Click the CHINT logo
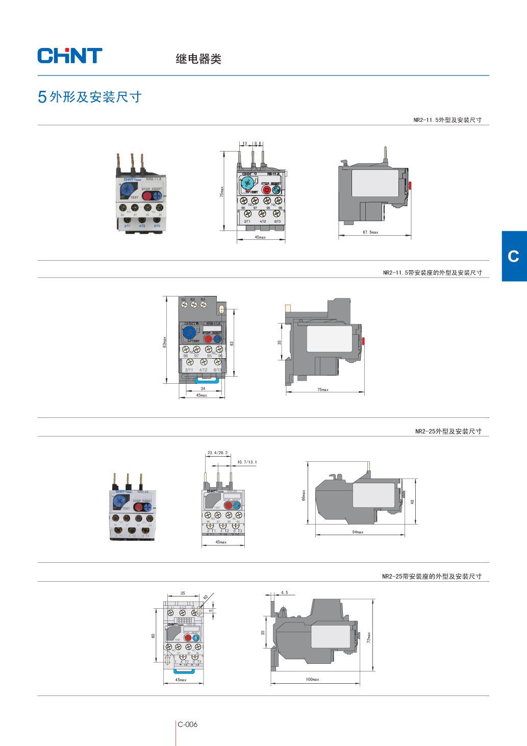tap(70, 56)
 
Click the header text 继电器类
tap(198, 59)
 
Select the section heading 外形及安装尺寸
tap(95, 97)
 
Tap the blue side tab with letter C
tap(514, 256)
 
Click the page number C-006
tap(187, 725)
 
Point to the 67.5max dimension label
tap(370, 232)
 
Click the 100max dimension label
tap(312, 680)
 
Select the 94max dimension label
tap(358, 532)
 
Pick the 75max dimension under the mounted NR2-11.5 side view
tap(323, 390)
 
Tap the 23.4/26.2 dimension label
tap(217, 453)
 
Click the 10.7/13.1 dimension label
tap(247, 462)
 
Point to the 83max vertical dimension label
tap(164, 341)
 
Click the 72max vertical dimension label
tap(369, 637)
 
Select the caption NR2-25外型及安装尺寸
tap(448, 431)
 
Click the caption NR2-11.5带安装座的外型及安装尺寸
tap(432, 273)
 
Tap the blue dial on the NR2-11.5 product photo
tap(127, 190)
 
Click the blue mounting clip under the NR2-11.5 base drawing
tap(207, 379)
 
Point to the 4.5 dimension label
tap(284, 593)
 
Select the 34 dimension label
tap(203, 388)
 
